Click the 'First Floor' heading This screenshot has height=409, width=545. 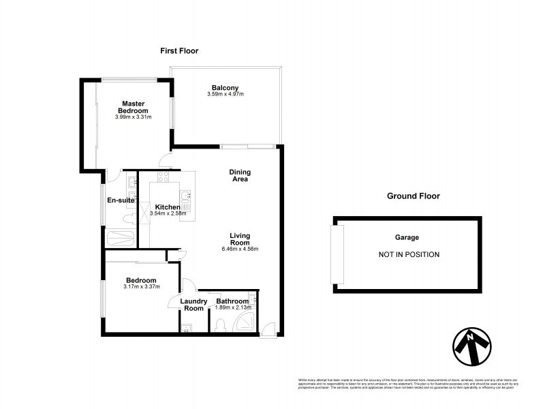point(178,51)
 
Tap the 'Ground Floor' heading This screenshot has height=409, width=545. point(413,196)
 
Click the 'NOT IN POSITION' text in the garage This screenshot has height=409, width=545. point(409,254)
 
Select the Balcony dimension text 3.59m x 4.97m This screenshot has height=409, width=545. point(225,93)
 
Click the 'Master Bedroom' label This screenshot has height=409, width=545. point(133,106)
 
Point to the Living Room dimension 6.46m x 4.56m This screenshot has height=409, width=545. point(240,249)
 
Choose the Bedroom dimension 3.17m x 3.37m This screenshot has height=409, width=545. point(141,287)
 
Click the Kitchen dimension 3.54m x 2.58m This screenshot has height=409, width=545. point(167,214)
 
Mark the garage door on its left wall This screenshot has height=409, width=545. point(333,254)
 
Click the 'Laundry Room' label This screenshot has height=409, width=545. point(193,304)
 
